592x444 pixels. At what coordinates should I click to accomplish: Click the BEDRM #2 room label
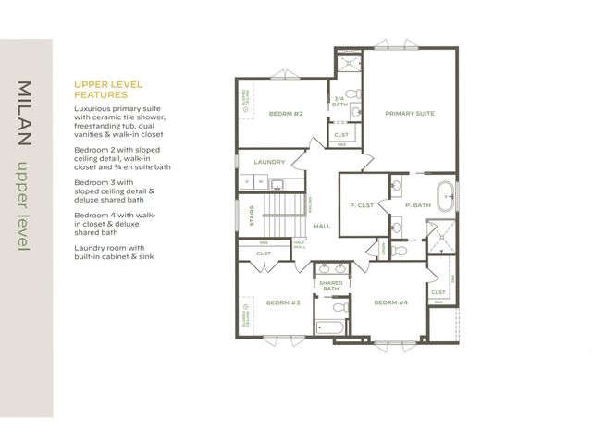coord(286,114)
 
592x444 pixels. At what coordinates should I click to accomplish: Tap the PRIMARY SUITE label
coord(410,113)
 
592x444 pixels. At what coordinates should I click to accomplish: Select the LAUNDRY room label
coord(269,162)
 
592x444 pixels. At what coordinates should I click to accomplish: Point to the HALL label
coord(322,226)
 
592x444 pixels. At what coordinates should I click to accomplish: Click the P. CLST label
coord(362,204)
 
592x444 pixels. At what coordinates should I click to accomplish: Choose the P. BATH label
coord(418,204)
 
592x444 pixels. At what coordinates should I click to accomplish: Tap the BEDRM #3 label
coord(283,302)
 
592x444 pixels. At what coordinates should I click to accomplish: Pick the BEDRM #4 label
coord(391,302)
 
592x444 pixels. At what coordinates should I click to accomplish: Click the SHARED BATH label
coord(331,286)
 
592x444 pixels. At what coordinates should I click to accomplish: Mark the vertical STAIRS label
coord(251,215)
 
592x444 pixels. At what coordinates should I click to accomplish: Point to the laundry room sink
coord(245,181)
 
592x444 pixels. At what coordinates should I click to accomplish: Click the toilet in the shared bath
coord(339,305)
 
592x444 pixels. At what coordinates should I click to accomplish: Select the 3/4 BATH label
coord(339,102)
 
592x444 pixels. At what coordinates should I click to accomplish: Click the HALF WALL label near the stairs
coord(300,245)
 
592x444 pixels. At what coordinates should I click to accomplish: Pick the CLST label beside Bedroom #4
coord(438,292)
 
